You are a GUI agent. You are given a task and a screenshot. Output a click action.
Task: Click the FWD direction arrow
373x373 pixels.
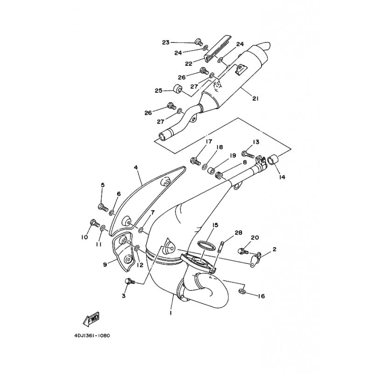point(90,319)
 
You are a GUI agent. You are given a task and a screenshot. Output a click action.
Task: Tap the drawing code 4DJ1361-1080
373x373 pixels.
point(92,336)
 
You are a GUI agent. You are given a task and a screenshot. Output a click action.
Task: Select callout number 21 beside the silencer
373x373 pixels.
point(255,98)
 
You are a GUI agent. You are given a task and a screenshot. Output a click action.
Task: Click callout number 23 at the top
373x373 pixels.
point(166,42)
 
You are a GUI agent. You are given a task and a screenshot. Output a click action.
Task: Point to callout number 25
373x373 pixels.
point(159,90)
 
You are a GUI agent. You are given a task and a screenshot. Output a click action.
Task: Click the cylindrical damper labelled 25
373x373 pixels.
point(178,89)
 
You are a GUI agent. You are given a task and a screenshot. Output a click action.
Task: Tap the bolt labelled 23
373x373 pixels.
point(199,42)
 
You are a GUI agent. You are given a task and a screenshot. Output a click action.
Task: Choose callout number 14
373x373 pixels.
point(282,177)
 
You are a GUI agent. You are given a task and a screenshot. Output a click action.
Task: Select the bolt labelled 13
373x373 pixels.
point(249,154)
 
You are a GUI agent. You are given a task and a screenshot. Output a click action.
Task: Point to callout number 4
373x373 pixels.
point(136,167)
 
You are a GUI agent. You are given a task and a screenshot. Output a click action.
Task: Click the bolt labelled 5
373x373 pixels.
point(103,207)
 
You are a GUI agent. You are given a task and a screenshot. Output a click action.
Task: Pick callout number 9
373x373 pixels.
point(105,264)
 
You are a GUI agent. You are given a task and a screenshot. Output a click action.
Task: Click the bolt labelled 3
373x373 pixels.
point(130,281)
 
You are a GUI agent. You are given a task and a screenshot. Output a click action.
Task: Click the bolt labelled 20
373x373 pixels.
point(243,251)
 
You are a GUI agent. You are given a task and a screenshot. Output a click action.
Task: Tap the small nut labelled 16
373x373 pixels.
point(241,290)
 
